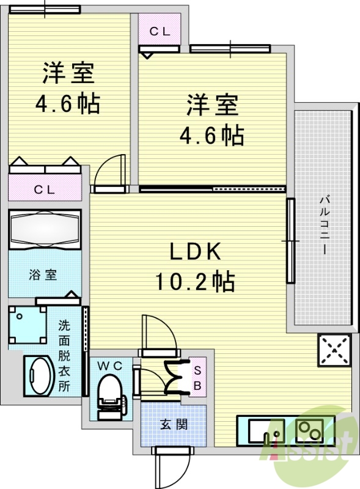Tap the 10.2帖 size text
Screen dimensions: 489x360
pyautogui.click(x=194, y=281)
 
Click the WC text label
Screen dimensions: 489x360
pyautogui.click(x=111, y=365)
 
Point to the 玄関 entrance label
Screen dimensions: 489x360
pyautogui.click(x=174, y=425)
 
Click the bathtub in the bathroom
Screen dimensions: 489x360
pyautogui.click(x=45, y=230)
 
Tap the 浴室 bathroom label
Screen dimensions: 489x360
pyautogui.click(x=43, y=274)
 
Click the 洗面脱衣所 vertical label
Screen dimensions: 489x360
pyautogui.click(x=64, y=356)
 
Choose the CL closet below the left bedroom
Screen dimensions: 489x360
pyautogui.click(x=43, y=189)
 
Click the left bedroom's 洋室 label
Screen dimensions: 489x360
pyautogui.click(x=68, y=73)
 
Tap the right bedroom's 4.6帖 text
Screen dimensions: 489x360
pyautogui.click(x=211, y=134)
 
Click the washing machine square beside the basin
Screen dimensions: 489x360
pyautogui.click(x=28, y=326)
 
